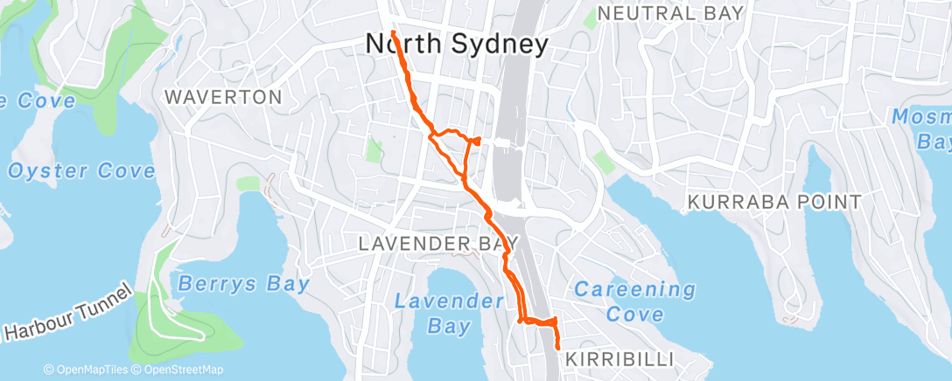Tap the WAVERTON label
(x=223, y=97)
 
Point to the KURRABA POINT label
(x=774, y=203)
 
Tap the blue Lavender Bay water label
(x=449, y=314)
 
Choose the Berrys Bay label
(x=243, y=284)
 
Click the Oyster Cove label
(x=81, y=171)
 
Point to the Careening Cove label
(x=634, y=301)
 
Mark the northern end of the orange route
(x=394, y=32)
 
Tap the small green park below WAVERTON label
(x=248, y=183)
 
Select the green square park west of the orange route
(x=374, y=150)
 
